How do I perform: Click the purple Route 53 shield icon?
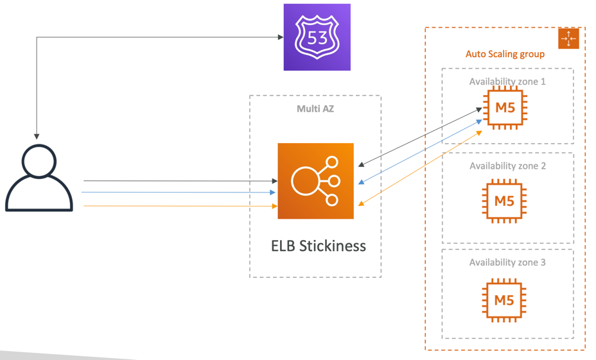317,37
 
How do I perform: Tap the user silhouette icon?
39,178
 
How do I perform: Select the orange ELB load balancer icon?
315,181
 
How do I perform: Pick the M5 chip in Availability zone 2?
505,200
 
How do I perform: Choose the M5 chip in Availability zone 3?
505,298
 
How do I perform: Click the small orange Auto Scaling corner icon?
569,39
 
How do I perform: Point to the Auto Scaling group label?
505,54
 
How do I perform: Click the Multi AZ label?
315,108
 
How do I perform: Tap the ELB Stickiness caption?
319,246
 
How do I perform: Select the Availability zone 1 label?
507,81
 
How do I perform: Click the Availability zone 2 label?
507,166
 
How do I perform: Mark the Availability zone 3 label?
507,262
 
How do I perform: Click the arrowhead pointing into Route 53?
280,37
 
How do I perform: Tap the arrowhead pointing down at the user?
37,136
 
